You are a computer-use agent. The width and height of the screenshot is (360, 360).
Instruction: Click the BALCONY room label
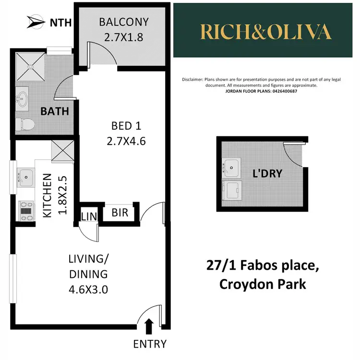124,22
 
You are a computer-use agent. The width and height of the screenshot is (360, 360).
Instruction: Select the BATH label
54,111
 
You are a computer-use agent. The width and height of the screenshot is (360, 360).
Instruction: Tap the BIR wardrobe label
120,212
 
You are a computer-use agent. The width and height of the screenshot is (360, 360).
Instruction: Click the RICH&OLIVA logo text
266,32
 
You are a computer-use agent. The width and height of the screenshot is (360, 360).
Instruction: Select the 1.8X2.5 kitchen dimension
60,196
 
